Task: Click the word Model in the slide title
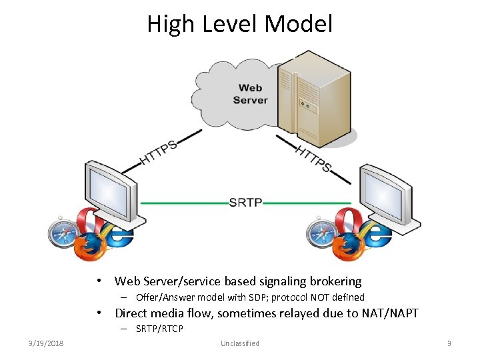click(298, 24)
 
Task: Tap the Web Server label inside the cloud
click(250, 94)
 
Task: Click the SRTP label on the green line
click(245, 202)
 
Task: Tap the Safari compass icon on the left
click(63, 233)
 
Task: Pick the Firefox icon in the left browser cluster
click(89, 248)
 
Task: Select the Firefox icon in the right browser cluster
click(348, 248)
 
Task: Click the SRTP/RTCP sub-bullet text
click(159, 329)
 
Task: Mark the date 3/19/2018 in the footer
click(46, 343)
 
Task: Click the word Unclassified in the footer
click(239, 343)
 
